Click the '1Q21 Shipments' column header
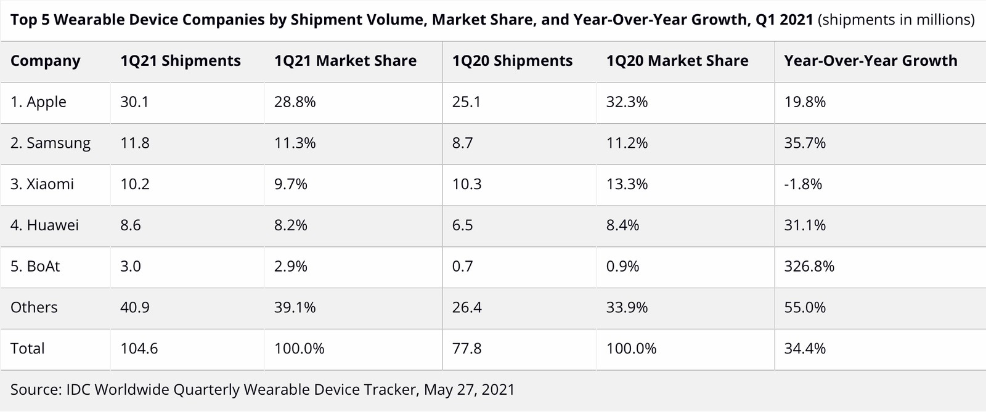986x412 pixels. tap(180, 61)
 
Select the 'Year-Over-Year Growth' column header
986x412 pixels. tap(870, 61)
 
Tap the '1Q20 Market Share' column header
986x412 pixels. tap(677, 61)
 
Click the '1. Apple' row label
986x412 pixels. tap(38, 102)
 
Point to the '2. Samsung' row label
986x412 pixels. tap(50, 143)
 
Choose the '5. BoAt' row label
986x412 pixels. tap(35, 267)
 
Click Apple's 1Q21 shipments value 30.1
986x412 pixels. tap(134, 102)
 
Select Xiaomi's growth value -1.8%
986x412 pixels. tap(803, 184)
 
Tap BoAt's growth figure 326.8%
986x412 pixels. tap(809, 267)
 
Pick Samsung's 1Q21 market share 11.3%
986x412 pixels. tap(295, 143)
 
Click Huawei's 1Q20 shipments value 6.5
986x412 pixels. tap(462, 225)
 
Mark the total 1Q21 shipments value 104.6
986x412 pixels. tap(139, 349)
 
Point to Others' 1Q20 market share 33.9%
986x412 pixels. tap(627, 307)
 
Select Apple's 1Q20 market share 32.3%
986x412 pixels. tap(627, 102)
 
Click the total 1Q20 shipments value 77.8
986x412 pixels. tap(467, 349)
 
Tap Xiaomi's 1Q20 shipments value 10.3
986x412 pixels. tap(467, 184)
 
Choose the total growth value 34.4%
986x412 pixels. tap(805, 349)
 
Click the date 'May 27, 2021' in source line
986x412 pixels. tap(469, 390)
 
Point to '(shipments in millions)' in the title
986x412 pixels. tap(896, 20)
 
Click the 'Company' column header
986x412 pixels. tap(45, 61)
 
